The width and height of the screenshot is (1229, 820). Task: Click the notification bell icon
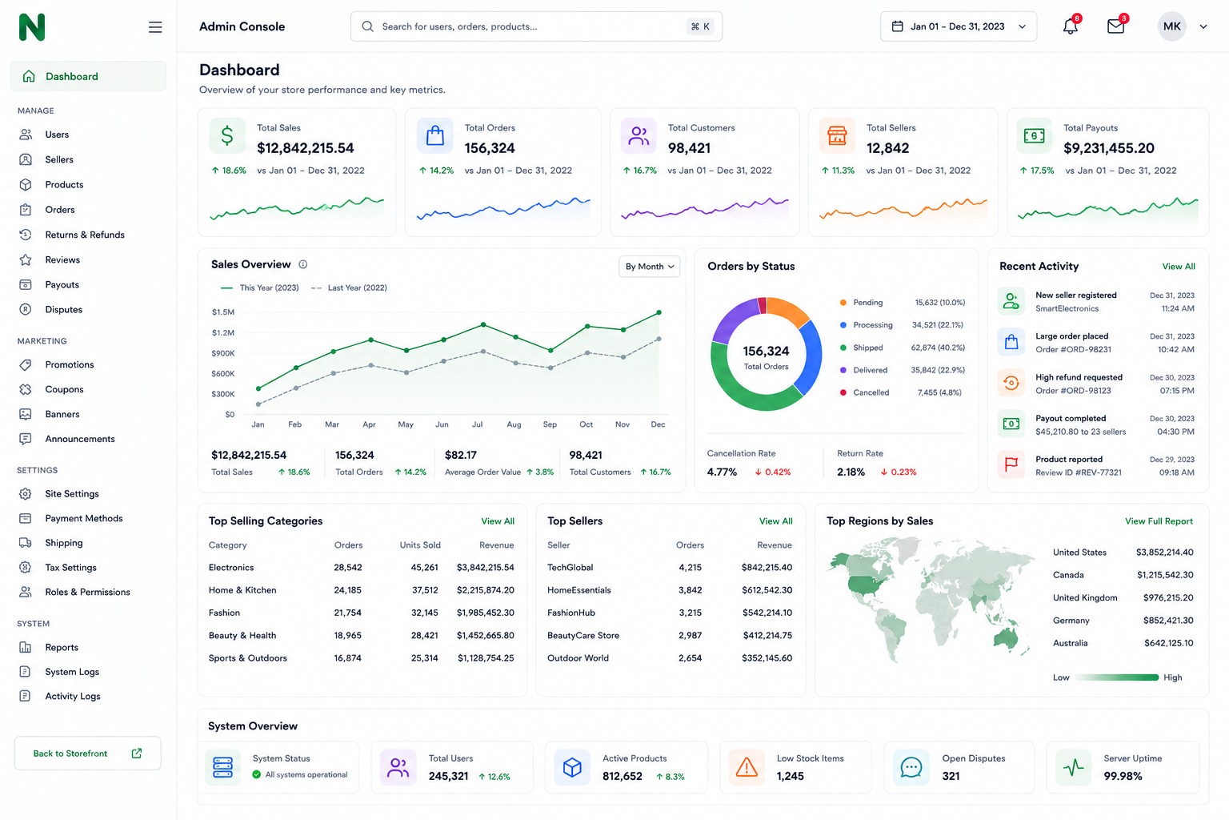click(1070, 26)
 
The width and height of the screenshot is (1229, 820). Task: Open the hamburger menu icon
click(155, 27)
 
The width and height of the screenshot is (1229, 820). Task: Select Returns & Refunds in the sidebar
click(85, 235)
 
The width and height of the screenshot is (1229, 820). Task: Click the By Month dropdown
click(650, 267)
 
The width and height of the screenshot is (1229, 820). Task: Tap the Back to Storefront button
click(88, 753)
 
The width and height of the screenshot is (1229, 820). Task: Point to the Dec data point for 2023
click(659, 312)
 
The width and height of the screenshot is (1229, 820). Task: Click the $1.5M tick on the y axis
click(222, 312)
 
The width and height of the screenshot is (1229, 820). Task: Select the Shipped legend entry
click(868, 348)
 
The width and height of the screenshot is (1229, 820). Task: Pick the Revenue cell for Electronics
click(485, 568)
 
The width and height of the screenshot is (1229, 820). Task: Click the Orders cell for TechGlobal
click(690, 568)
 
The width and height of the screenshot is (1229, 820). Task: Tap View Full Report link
click(1159, 521)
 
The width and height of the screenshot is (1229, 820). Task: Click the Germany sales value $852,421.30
click(1168, 620)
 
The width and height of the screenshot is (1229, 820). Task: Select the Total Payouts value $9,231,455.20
click(1109, 147)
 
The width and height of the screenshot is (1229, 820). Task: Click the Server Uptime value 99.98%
click(1123, 776)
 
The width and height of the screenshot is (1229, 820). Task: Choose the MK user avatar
click(1171, 26)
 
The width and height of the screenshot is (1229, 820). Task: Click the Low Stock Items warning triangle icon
click(747, 767)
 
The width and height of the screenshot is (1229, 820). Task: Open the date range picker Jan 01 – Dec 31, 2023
click(959, 26)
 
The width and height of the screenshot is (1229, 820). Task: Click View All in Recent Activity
click(1179, 267)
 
